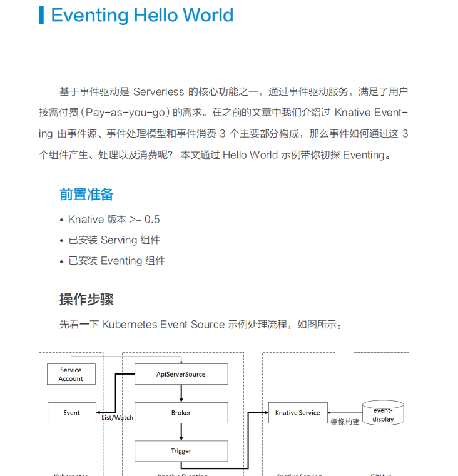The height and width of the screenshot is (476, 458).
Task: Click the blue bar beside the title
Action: coord(41,15)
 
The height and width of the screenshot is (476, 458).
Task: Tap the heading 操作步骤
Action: coord(86,300)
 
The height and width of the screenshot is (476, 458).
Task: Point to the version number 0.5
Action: coord(152,220)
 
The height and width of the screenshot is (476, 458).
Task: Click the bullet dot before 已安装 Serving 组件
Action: coord(61,241)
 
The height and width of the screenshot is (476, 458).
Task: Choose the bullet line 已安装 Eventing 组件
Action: coord(116,261)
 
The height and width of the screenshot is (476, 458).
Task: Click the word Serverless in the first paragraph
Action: coord(159,92)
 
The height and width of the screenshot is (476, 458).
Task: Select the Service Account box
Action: coord(71,374)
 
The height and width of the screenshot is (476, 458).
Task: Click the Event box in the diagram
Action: coord(72,413)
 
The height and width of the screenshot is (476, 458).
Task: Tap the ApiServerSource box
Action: coord(181,374)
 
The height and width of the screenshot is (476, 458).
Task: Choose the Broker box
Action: coord(181,413)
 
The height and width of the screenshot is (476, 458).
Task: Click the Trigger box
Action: coord(181,451)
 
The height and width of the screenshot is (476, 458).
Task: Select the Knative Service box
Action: coord(298,413)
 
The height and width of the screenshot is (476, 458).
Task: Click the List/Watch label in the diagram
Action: coord(118,418)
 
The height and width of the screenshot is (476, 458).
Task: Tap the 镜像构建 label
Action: coord(345,422)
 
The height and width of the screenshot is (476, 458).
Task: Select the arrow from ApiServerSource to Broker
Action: coord(181,393)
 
